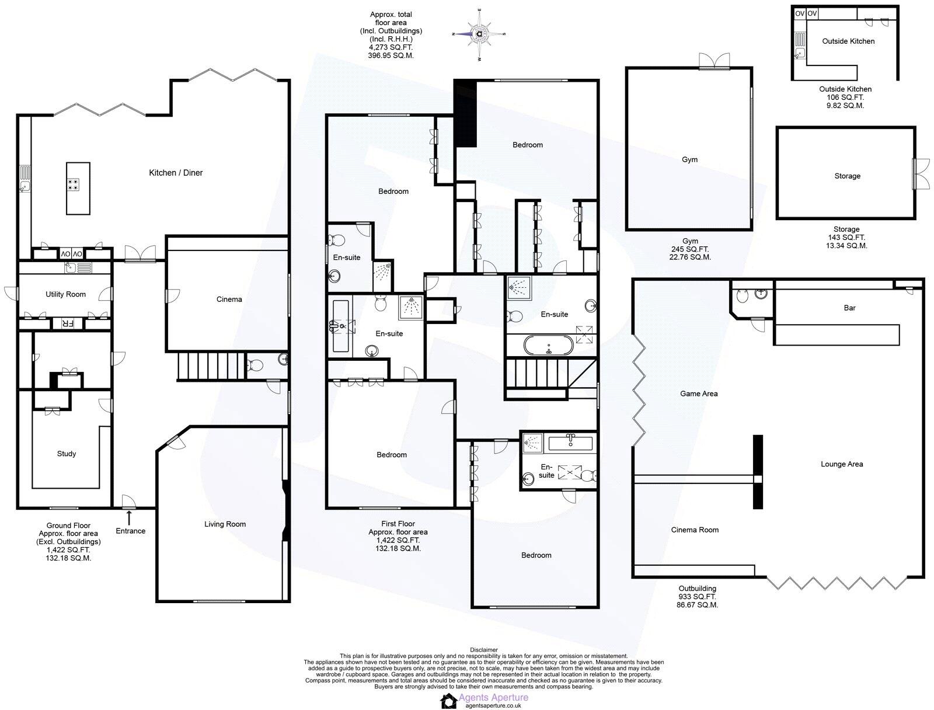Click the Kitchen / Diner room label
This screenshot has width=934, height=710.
tap(176, 173)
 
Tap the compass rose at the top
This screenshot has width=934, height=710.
tap(479, 34)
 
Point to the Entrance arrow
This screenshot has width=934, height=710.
tap(130, 517)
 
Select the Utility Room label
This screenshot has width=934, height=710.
tap(65, 294)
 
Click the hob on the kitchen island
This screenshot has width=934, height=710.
tap(74, 185)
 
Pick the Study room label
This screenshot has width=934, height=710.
tap(67, 454)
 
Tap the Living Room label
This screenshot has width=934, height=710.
tap(225, 524)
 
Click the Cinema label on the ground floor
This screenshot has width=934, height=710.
tap(229, 300)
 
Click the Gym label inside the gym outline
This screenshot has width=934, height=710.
tap(689, 159)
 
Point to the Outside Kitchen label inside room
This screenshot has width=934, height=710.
tap(848, 41)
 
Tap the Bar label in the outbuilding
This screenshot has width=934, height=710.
tap(849, 308)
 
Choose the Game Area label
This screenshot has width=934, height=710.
tap(699, 394)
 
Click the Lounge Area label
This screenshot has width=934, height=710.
tap(841, 464)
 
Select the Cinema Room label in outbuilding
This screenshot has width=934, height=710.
tap(695, 530)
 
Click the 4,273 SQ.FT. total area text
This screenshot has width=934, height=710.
tap(391, 47)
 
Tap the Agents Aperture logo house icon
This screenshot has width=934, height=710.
tap(448, 701)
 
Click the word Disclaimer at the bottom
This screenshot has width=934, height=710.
tap(483, 650)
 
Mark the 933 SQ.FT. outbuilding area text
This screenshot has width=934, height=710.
tap(697, 597)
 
